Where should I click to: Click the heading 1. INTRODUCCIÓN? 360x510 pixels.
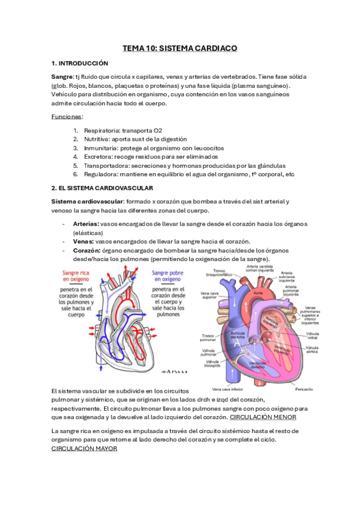80,63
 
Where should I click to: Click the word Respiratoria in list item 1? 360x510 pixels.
100,130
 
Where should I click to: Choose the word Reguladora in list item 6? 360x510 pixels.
100,174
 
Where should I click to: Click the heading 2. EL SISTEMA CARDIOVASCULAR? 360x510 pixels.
103,188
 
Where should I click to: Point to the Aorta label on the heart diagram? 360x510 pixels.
258,293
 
